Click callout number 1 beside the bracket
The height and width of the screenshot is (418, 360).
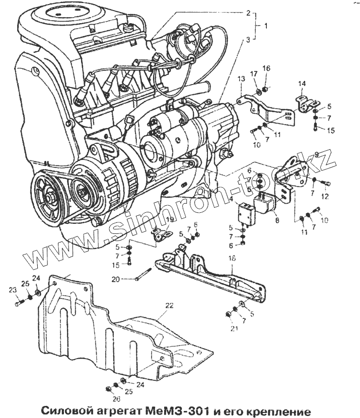[x=266, y=25]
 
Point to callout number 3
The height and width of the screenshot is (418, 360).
[x=248, y=38]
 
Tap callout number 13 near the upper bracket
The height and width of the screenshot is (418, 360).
[x=241, y=78]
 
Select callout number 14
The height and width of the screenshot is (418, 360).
[x=302, y=83]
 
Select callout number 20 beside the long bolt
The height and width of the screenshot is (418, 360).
[x=115, y=279]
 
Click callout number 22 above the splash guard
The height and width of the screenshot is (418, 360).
[x=169, y=305]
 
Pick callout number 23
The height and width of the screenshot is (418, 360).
[x=13, y=289]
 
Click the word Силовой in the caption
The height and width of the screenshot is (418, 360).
[x=65, y=408]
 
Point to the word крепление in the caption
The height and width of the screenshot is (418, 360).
[x=274, y=409]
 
